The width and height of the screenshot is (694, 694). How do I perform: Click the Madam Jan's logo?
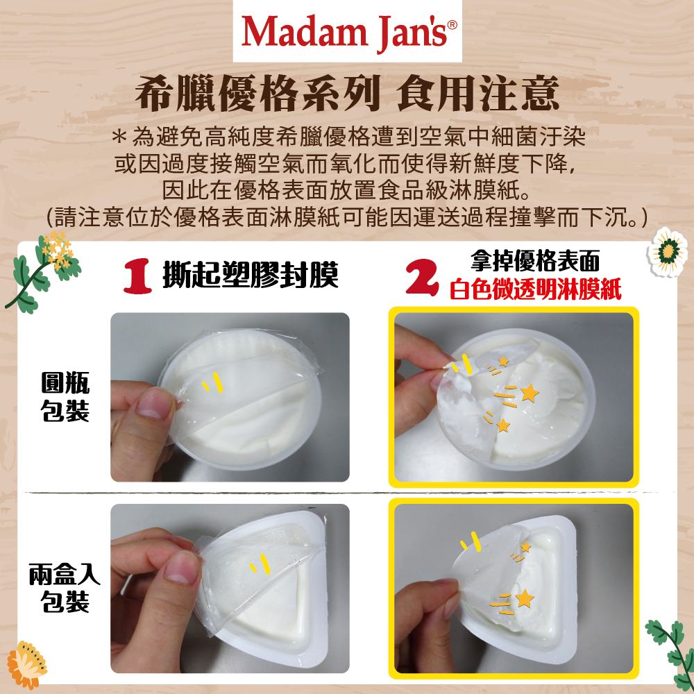tap(348, 32)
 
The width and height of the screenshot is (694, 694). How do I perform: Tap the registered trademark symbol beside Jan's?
tap(452, 25)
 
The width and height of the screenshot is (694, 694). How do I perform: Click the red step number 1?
tap(137, 276)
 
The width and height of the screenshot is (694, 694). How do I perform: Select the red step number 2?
tap(422, 277)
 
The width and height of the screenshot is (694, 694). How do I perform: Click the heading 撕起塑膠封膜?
tap(251, 275)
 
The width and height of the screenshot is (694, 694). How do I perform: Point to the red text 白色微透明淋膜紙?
tap(536, 289)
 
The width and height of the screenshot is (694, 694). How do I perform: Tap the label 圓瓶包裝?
tap(65, 396)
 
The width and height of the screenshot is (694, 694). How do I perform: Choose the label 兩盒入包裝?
tap(65, 588)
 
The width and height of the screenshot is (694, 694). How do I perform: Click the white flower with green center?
tap(668, 252)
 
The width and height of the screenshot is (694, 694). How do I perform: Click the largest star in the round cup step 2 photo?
tap(530, 393)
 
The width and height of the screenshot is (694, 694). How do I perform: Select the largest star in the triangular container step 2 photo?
tap(525, 598)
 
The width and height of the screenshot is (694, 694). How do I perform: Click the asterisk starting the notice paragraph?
tap(119, 136)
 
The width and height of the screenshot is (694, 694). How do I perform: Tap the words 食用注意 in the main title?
tap(477, 94)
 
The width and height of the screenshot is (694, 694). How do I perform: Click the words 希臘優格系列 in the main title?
tap(257, 94)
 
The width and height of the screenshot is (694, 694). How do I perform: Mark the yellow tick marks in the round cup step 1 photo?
tap(212, 382)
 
